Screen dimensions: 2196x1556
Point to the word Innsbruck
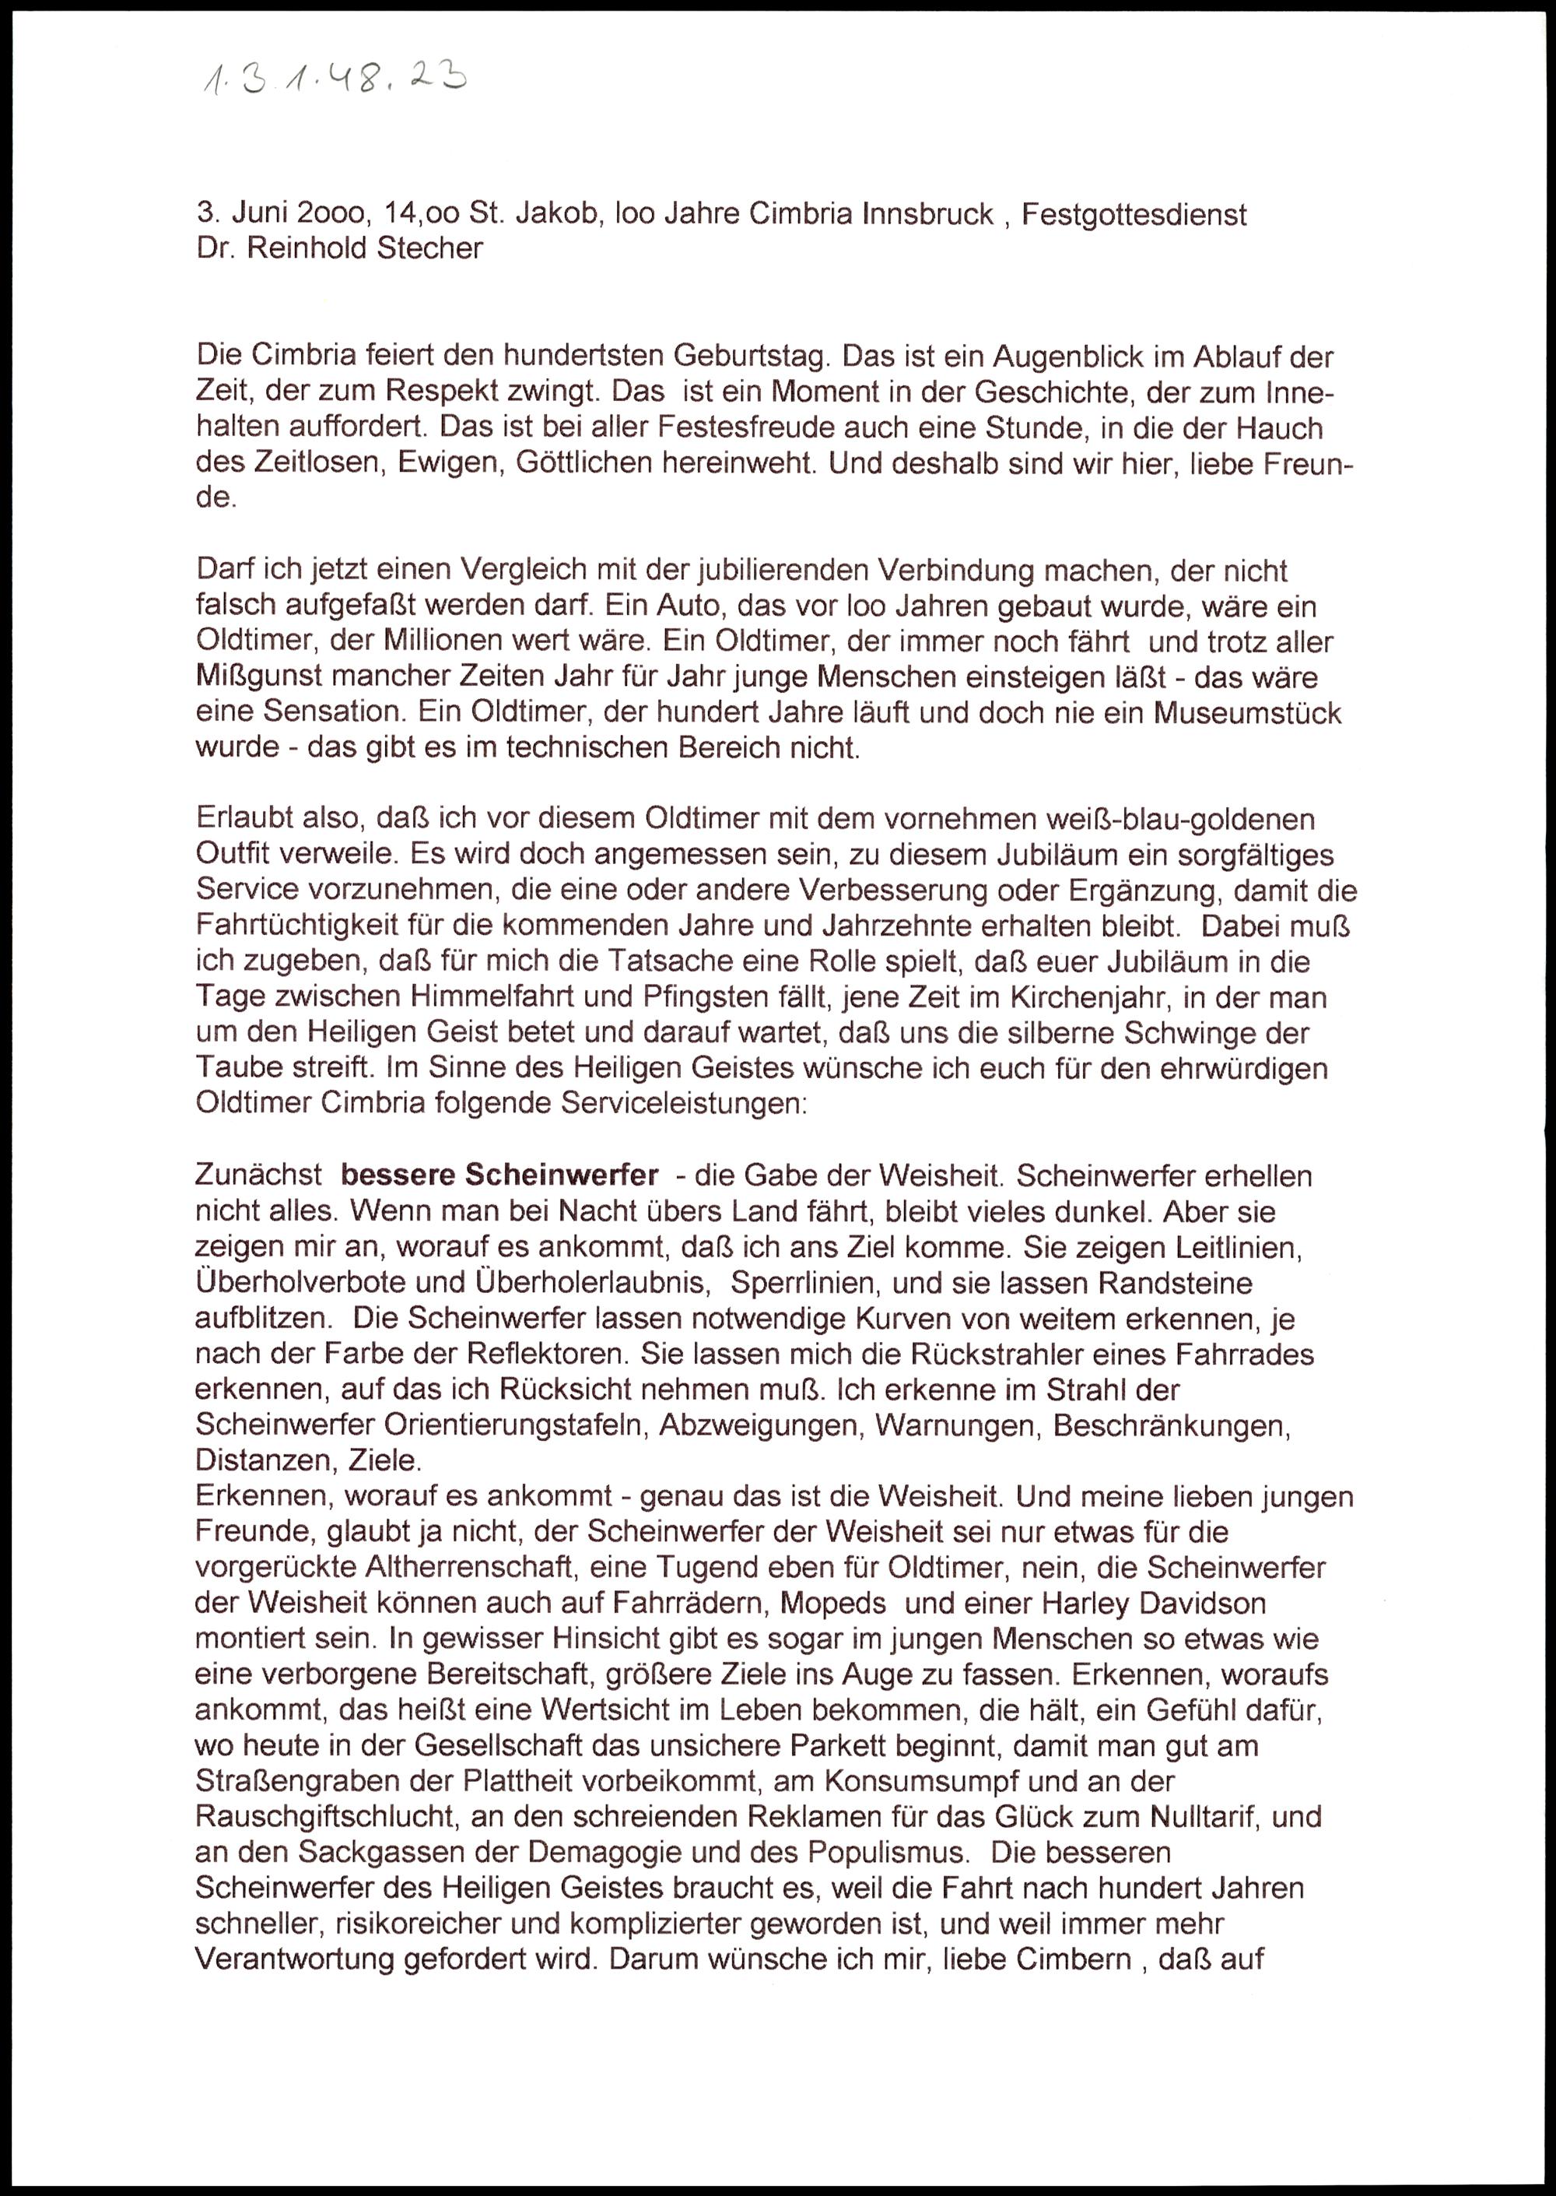(927, 214)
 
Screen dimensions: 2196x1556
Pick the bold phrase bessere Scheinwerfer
(499, 1175)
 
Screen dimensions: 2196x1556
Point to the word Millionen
(464, 642)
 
